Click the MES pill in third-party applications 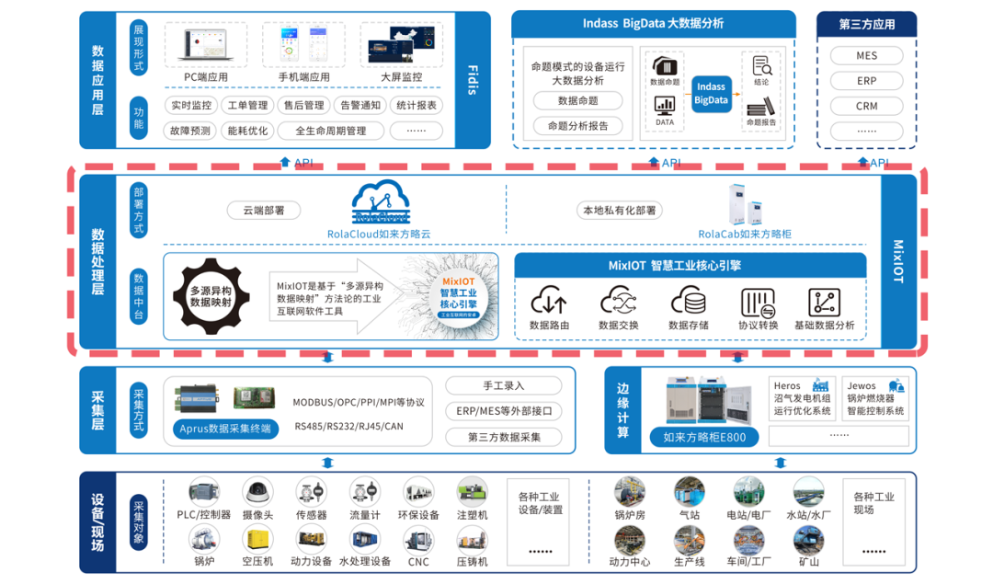point(866,56)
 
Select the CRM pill point(866,106)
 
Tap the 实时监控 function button point(190,106)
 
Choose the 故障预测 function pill point(190,131)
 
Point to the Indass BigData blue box point(711,94)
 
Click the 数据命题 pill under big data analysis point(577,101)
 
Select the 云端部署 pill point(264,211)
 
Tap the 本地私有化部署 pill point(618,211)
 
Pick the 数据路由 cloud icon point(549,301)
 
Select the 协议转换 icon point(758,301)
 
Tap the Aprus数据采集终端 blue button point(225,428)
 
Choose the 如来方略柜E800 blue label point(704,437)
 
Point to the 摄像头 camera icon point(257,492)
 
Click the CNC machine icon point(418,540)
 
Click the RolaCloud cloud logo point(379,202)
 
